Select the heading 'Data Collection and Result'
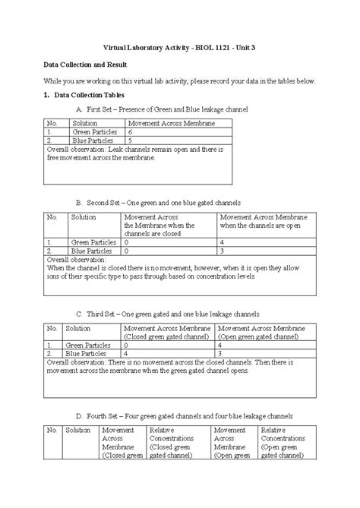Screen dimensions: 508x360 [x=84, y=65]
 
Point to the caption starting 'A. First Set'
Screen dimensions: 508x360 [x=162, y=110]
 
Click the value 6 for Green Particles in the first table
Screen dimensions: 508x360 [x=131, y=131]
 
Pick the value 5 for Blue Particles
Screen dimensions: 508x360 [x=131, y=140]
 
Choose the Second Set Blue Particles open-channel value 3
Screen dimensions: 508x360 [x=221, y=250]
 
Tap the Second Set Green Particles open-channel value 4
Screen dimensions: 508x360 [x=221, y=241]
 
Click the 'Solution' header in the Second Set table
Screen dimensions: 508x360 [x=84, y=216]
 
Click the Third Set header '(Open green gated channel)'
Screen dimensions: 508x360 [x=258, y=335]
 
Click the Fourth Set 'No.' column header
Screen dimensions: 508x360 [x=52, y=430]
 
